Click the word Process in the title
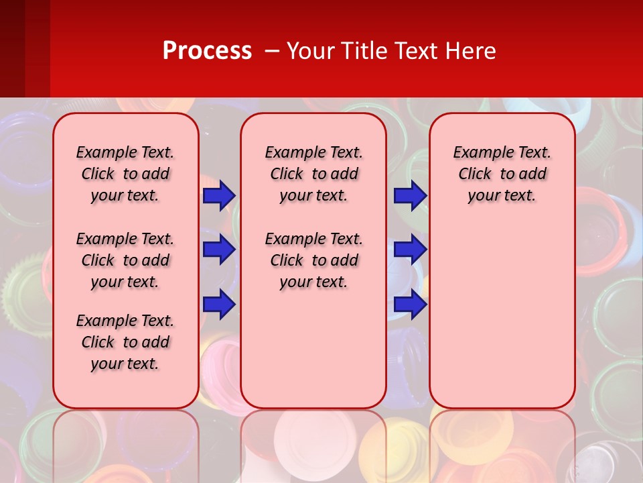pyautogui.click(x=207, y=51)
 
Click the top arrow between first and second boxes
pyautogui.click(x=219, y=195)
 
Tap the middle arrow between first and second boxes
pyautogui.click(x=219, y=250)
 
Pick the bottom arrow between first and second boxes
pyautogui.click(x=219, y=305)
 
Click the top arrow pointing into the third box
pyautogui.click(x=410, y=195)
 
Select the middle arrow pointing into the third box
pyautogui.click(x=410, y=250)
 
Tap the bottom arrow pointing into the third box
pyautogui.click(x=410, y=305)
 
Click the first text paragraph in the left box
pyautogui.click(x=125, y=174)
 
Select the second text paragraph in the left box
pyautogui.click(x=125, y=260)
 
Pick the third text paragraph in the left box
pyautogui.click(x=125, y=342)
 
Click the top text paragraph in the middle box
pyautogui.click(x=313, y=174)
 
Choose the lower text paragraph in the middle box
pyautogui.click(x=313, y=260)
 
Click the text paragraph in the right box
pyautogui.click(x=502, y=174)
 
